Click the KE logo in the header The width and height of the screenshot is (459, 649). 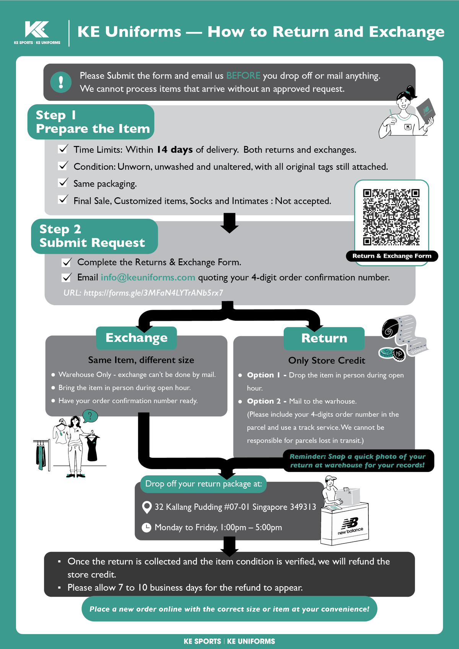pyautogui.click(x=37, y=29)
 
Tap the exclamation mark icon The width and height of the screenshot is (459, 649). pyautogui.click(x=61, y=82)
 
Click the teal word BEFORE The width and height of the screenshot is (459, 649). pyautogui.click(x=243, y=76)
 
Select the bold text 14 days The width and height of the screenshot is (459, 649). pyautogui.click(x=175, y=150)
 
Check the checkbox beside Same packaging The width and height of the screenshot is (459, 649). pyautogui.click(x=63, y=183)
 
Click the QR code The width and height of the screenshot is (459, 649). pyautogui.click(x=391, y=217)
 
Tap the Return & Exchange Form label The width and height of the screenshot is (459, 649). pyautogui.click(x=392, y=256)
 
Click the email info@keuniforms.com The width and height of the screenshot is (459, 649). pyautogui.click(x=148, y=277)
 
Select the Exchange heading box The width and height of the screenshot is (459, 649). pyautogui.click(x=136, y=338)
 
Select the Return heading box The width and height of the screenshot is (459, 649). pyautogui.click(x=324, y=338)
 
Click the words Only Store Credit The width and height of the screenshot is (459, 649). pyautogui.click(x=327, y=360)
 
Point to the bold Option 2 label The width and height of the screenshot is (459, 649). pyautogui.click(x=264, y=401)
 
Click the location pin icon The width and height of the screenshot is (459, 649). pyautogui.click(x=146, y=507)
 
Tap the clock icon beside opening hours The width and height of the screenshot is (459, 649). pyautogui.click(x=146, y=527)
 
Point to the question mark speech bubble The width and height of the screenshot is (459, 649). pyautogui.click(x=90, y=416)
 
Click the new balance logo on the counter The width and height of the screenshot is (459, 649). pyautogui.click(x=350, y=525)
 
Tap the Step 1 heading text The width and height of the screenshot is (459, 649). pyautogui.click(x=56, y=115)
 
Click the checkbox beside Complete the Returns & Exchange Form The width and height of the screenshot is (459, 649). pyautogui.click(x=67, y=262)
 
